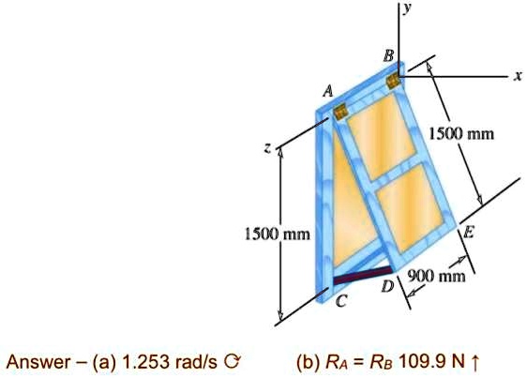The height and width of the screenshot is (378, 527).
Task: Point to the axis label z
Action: (x=268, y=149)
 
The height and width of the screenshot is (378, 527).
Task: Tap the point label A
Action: (x=327, y=92)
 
